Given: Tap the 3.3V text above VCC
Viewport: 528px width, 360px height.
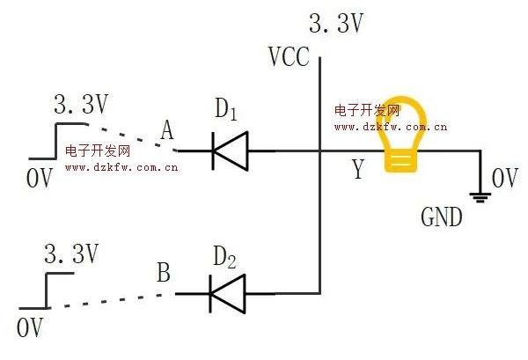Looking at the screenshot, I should [336, 23].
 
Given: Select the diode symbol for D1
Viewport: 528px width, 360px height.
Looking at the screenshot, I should [229, 151].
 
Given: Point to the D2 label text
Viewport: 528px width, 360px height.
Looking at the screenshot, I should [226, 258].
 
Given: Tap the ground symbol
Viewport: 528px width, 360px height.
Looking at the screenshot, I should [480, 195].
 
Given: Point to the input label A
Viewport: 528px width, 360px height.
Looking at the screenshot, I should [168, 131].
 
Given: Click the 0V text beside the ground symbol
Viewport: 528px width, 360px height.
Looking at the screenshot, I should [505, 179].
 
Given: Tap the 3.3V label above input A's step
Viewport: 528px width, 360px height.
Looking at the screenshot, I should [80, 105].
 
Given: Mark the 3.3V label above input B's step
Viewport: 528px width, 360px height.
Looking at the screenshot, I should [70, 255].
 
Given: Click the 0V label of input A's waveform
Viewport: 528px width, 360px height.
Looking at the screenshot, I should [39, 178].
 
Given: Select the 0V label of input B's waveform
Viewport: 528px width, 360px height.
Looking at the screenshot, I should [30, 328].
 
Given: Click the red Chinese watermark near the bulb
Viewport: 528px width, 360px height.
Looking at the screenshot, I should [367, 111].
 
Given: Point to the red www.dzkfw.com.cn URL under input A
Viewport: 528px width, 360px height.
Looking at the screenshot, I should [123, 166].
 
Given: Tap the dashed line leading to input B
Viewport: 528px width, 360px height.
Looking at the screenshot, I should [110, 299].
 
